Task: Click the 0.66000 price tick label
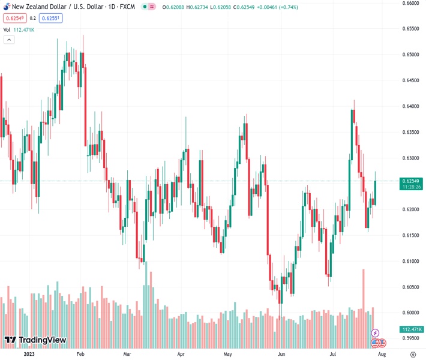tap(410, 3)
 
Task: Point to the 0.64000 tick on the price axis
tap(410, 106)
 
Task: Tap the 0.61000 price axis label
tap(410, 261)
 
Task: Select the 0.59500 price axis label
tap(410, 338)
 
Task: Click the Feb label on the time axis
tap(80, 355)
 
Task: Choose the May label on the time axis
tap(227, 355)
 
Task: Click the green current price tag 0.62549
tap(411, 181)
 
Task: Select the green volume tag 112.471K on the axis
tap(411, 329)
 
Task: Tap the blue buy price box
tap(51, 18)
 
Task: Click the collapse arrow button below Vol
tap(9, 40)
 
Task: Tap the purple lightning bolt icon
tap(376, 333)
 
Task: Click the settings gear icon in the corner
tap(412, 355)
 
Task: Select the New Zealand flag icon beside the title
tap(5, 7)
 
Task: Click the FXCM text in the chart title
tap(127, 7)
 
